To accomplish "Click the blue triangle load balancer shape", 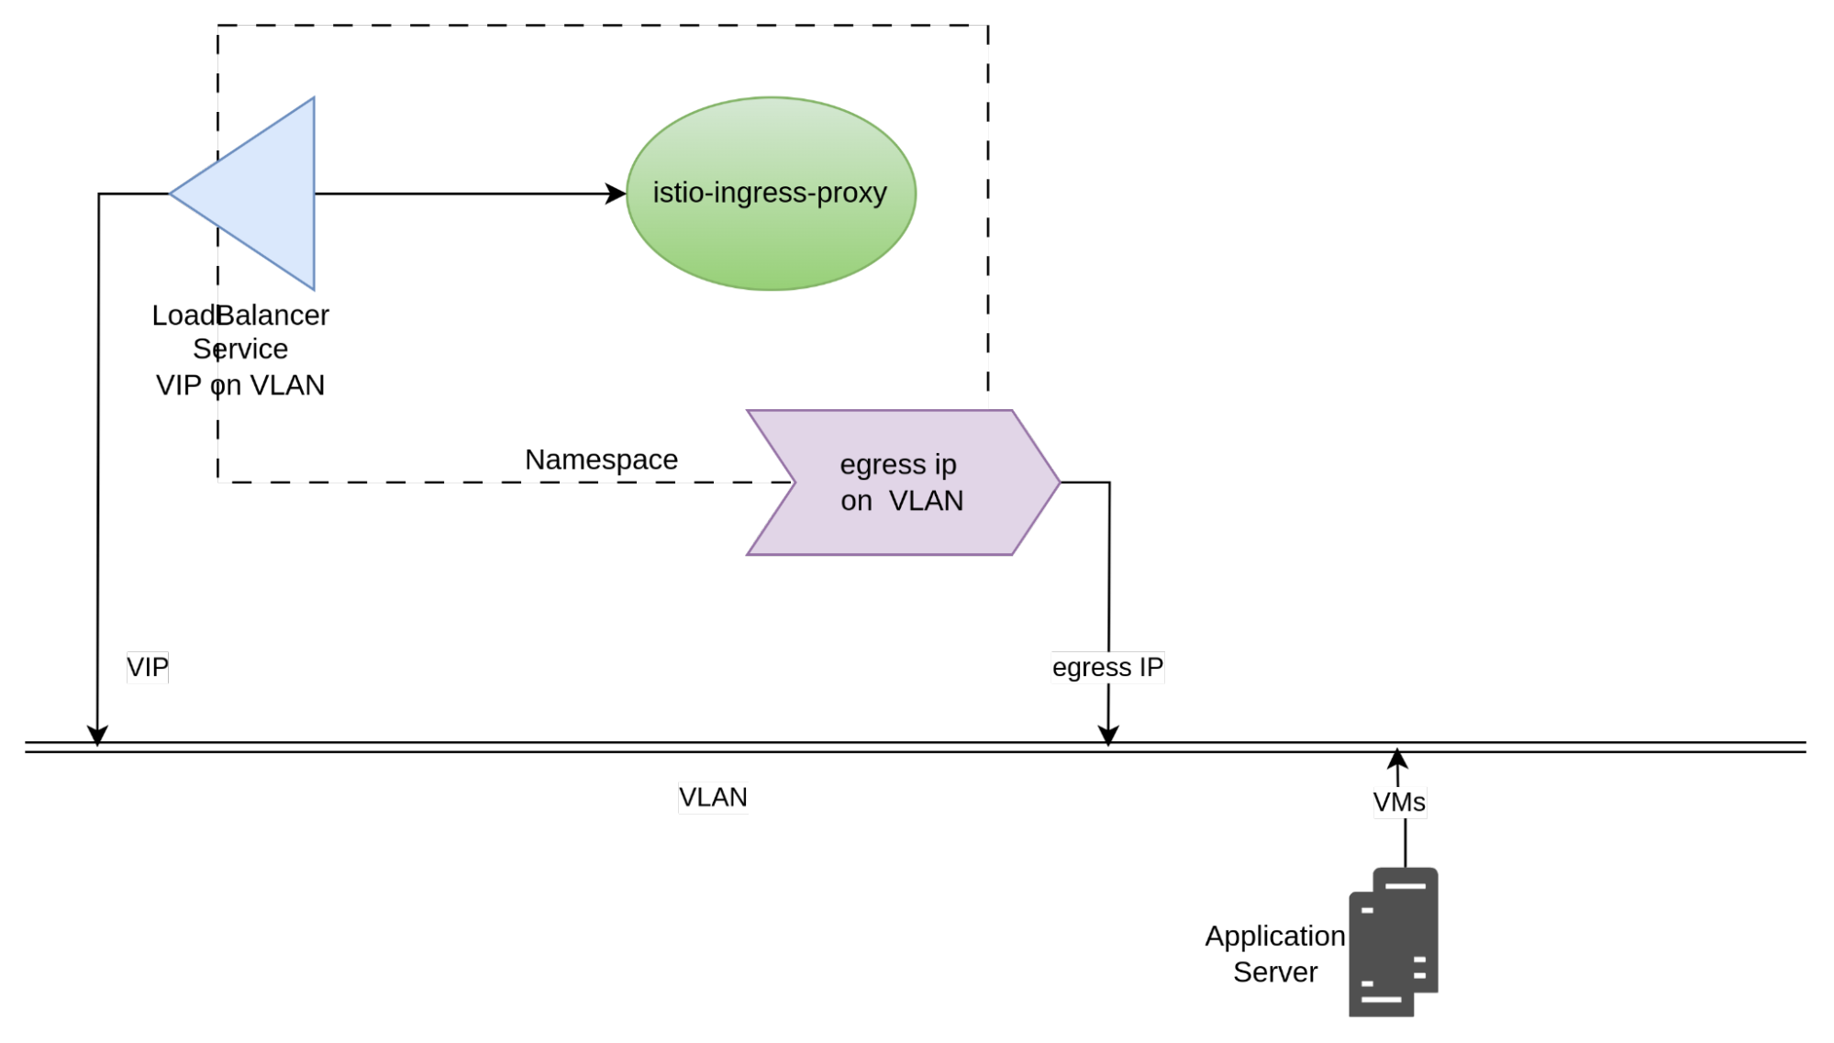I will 266,194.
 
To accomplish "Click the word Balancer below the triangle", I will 273,316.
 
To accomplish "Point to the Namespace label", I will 601,460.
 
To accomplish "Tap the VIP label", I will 148,667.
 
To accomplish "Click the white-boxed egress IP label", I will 1107,667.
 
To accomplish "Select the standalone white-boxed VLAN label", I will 713,797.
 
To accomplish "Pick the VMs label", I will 1399,803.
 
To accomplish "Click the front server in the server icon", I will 1380,959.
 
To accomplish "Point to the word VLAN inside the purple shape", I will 927,501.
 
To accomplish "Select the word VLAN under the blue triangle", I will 287,385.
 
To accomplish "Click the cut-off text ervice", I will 252,350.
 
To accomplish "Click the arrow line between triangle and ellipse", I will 459,194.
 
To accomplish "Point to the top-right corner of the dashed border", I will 986,28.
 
